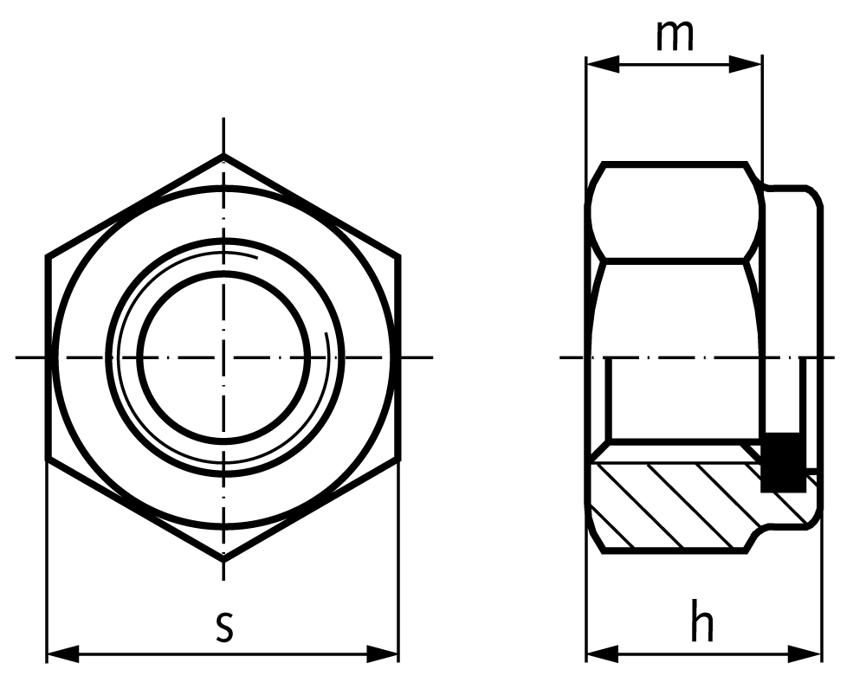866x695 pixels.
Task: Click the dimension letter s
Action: click(x=224, y=627)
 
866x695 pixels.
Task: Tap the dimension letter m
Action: click(x=675, y=35)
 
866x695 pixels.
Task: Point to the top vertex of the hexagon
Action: click(x=224, y=156)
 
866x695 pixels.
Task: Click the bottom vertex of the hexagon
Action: click(x=224, y=561)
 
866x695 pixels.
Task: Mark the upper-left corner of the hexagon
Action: click(x=48, y=257)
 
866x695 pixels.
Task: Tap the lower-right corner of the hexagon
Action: click(x=399, y=460)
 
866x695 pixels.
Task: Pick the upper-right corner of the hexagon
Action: click(x=399, y=257)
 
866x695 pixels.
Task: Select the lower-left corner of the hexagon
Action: click(x=48, y=460)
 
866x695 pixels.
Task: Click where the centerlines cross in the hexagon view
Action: click(x=224, y=357)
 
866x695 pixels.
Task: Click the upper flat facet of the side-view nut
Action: click(x=675, y=211)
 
